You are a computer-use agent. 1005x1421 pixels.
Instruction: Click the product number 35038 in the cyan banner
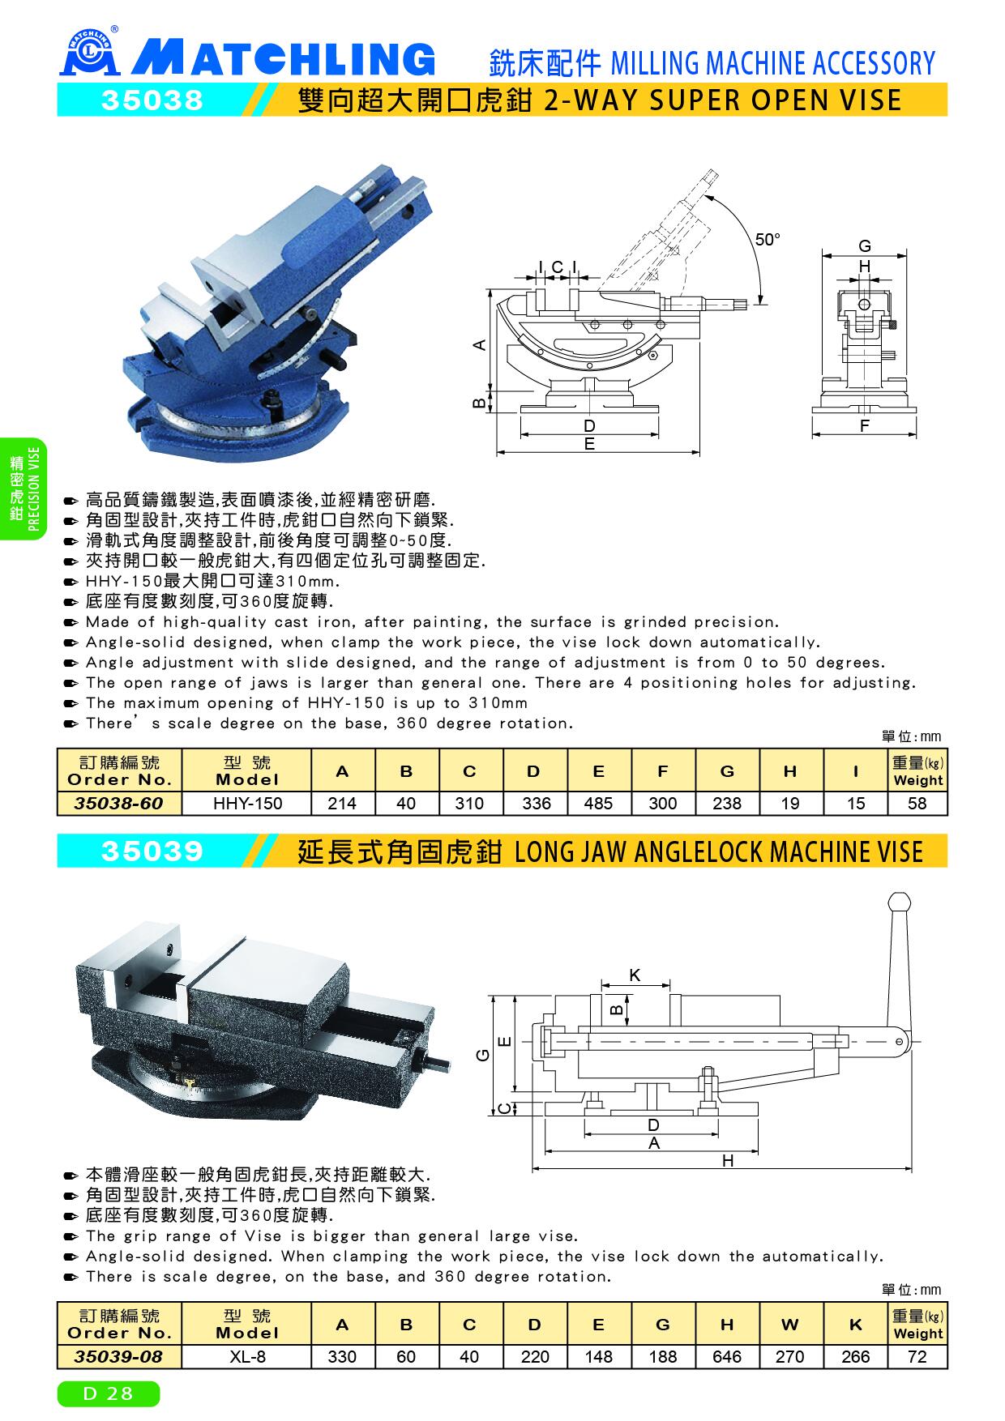click(151, 100)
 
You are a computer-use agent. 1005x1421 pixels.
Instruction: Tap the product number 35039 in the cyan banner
click(151, 851)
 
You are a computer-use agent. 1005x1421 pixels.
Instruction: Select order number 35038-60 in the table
click(118, 803)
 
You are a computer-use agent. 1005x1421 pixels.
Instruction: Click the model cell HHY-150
click(247, 804)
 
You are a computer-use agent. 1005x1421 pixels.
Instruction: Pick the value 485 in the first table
click(598, 804)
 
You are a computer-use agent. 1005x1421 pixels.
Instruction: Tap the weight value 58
click(917, 804)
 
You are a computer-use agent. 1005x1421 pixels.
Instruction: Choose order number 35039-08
click(118, 1356)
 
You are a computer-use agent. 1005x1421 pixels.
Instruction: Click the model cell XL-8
click(248, 1357)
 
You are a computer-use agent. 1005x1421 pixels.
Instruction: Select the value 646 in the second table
click(726, 1357)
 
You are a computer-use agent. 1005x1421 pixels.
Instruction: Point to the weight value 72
click(917, 1357)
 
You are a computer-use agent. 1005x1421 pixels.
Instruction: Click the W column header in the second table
click(790, 1325)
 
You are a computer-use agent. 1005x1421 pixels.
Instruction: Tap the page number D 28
click(109, 1394)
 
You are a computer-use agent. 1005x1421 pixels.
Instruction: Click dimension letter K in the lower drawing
click(635, 975)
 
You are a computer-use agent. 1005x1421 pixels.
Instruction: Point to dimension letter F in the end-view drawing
click(865, 425)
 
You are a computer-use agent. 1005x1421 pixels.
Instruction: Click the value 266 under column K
click(855, 1357)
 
